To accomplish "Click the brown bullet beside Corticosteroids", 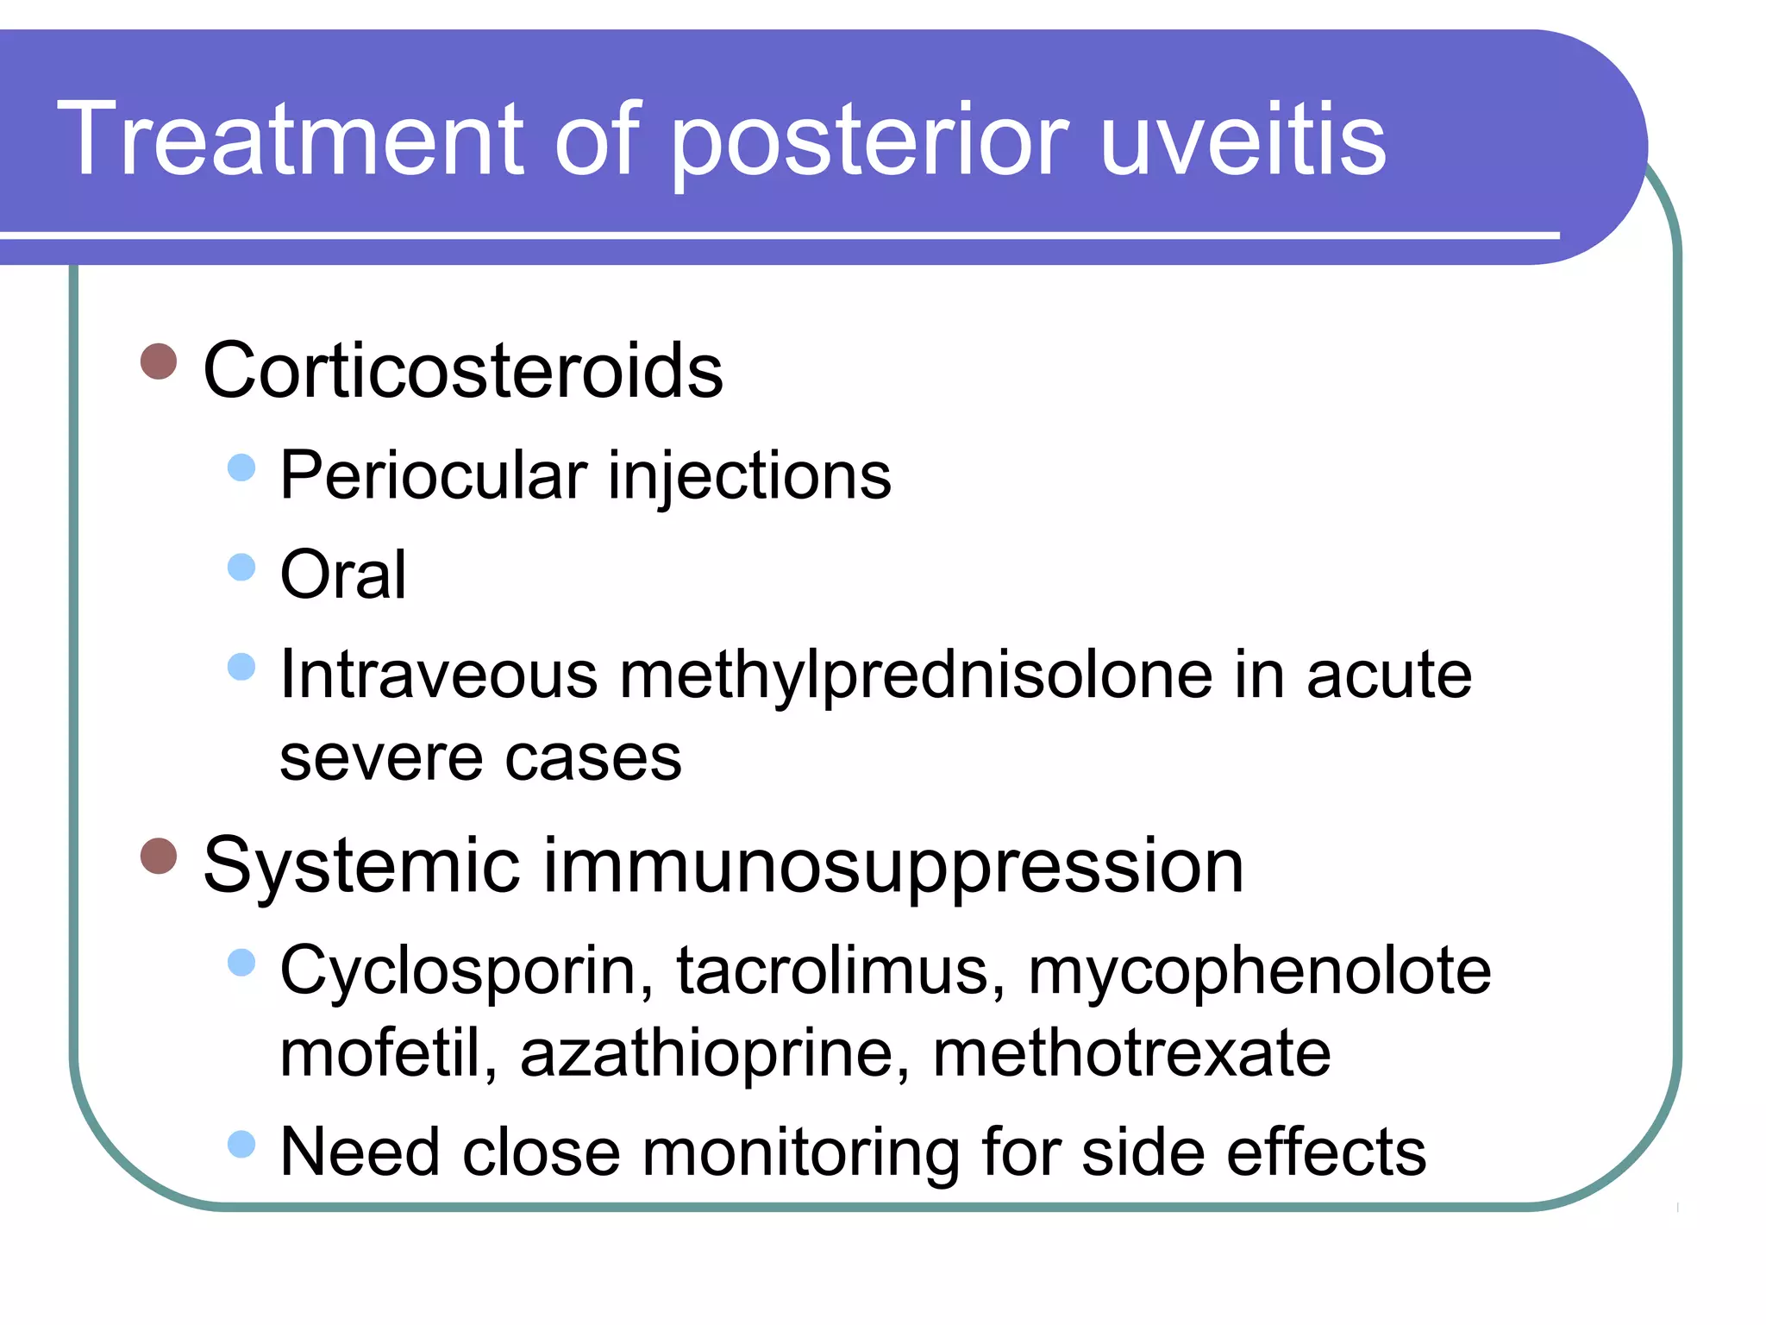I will click(x=159, y=361).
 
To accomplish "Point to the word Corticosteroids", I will click(x=463, y=371).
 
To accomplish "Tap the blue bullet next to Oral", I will click(x=241, y=568).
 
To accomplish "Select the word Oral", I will click(x=343, y=575).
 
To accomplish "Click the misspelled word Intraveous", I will click(x=439, y=675).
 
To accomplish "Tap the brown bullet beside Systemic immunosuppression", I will click(x=159, y=857).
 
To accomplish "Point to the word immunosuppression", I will click(x=893, y=867).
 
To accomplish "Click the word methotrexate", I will click(x=1131, y=1054).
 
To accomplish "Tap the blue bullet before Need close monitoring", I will click(x=241, y=1144).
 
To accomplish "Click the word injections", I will click(x=749, y=476).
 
